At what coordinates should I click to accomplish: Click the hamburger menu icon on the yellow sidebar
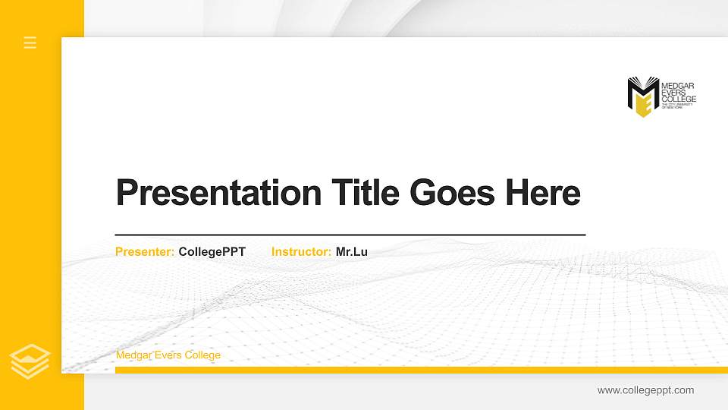[30, 43]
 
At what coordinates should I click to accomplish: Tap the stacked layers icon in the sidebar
[30, 361]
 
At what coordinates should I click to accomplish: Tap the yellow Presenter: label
[145, 251]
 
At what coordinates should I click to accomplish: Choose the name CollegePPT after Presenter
[212, 251]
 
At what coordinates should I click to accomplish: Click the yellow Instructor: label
[301, 251]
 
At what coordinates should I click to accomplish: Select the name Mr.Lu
[352, 251]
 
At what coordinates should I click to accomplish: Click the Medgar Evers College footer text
[168, 355]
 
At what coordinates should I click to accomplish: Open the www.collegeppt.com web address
[645, 390]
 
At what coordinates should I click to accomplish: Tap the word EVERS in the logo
[674, 93]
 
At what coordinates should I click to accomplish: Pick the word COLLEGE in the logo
[679, 99]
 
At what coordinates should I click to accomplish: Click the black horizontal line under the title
[350, 235]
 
